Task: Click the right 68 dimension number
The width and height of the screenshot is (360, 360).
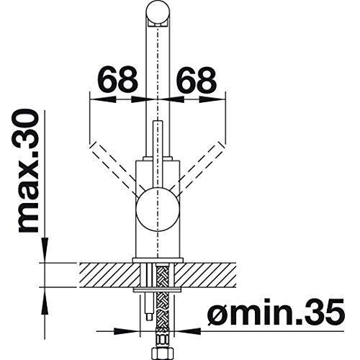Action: (x=195, y=80)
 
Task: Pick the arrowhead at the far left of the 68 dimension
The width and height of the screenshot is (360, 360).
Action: (x=91, y=94)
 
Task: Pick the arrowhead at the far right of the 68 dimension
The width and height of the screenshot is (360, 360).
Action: (x=223, y=94)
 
